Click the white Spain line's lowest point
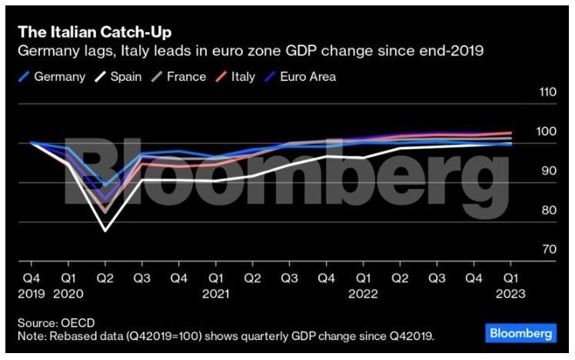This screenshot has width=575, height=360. click(x=105, y=230)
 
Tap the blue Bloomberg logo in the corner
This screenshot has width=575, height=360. click(x=520, y=334)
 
